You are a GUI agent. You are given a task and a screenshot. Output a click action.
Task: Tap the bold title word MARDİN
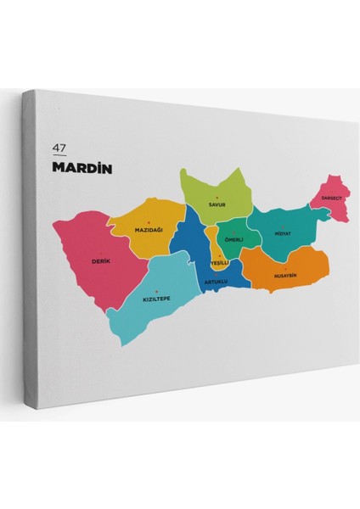click(x=82, y=167)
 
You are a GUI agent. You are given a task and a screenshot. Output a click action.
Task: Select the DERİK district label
click(x=100, y=261)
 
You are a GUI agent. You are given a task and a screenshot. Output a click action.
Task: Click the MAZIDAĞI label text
click(x=148, y=230)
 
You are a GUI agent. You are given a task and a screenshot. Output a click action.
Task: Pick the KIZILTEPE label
click(x=156, y=299)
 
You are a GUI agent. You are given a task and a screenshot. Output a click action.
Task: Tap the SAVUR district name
click(x=217, y=204)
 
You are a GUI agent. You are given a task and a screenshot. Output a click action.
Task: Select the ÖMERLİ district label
click(x=234, y=240)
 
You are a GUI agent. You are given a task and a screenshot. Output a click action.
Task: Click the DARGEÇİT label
click(x=330, y=198)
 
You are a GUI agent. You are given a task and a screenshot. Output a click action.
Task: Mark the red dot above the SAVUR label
click(x=217, y=198)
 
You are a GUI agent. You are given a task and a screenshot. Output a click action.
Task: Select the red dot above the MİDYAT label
click(x=283, y=226)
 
